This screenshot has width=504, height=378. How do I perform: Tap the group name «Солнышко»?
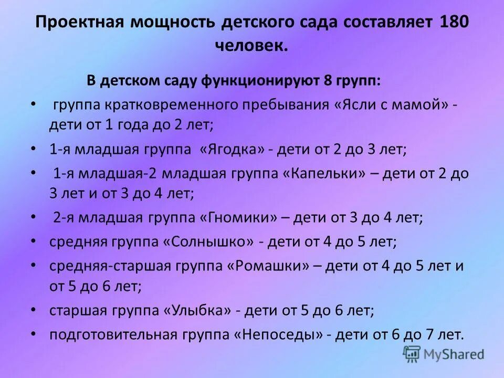click(212, 241)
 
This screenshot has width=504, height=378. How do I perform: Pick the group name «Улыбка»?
click(198, 311)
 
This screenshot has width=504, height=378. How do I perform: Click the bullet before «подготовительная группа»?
click(33, 333)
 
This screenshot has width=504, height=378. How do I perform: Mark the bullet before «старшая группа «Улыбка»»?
click(33, 310)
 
